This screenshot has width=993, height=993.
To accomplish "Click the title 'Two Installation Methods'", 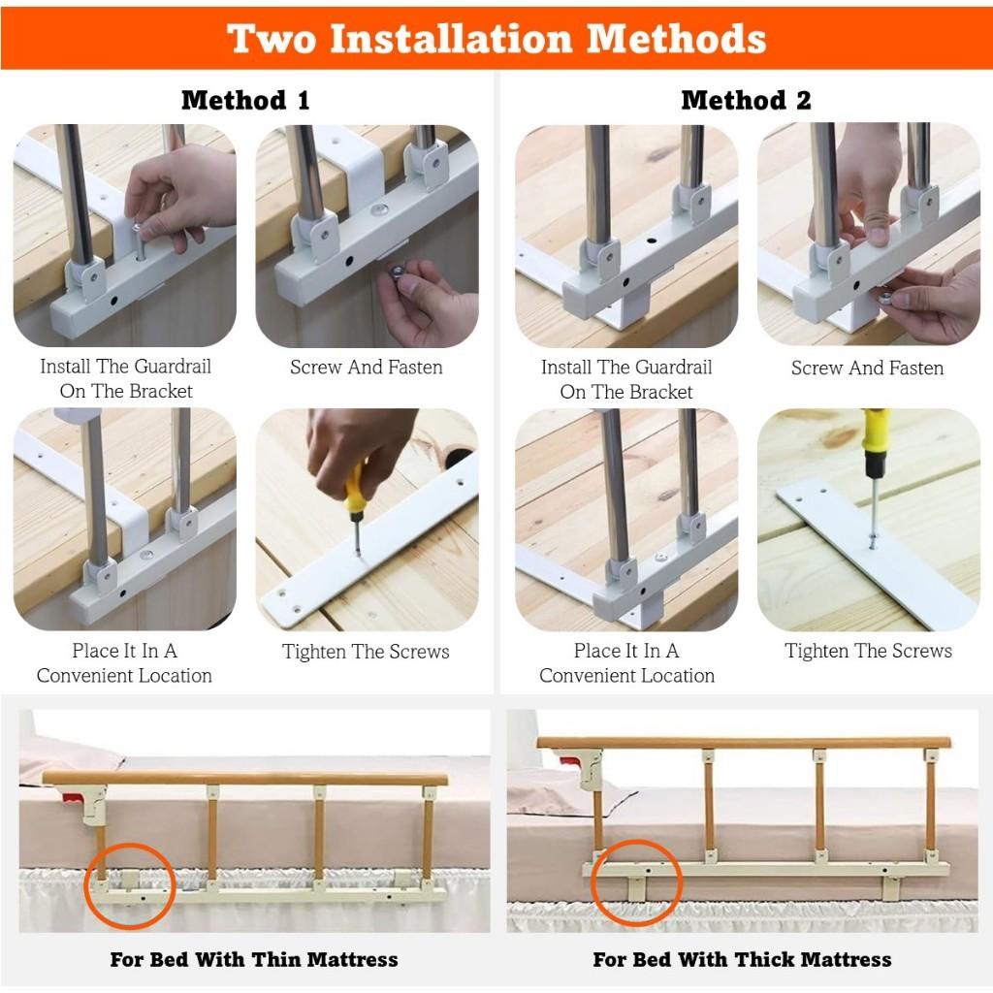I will [x=496, y=39].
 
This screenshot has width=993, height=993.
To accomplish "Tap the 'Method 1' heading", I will [x=245, y=100].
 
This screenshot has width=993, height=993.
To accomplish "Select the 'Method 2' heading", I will [x=746, y=100].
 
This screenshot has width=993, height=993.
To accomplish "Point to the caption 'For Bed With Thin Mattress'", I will [x=254, y=960].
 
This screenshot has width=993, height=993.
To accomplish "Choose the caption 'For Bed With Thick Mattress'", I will [x=742, y=960].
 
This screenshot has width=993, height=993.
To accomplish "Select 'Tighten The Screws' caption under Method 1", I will [x=366, y=652].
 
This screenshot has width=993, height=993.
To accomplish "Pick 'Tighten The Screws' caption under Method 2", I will [x=868, y=651].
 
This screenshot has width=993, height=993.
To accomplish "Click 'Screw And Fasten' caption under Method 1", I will [x=366, y=368].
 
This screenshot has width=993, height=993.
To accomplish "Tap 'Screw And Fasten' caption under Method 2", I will [x=867, y=368].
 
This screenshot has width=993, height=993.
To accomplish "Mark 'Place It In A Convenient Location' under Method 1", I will [x=124, y=663].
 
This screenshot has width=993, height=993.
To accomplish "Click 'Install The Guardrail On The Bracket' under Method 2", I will [x=626, y=379].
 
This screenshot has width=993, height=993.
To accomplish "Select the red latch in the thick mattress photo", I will [x=586, y=765].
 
